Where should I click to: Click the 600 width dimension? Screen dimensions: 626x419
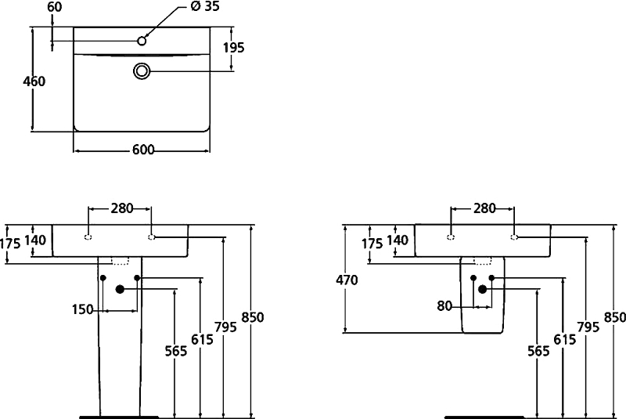(x=143, y=150)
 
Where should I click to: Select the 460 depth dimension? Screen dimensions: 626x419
(x=34, y=81)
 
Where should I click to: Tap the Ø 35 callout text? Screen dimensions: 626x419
(x=205, y=6)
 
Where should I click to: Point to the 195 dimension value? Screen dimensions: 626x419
(x=233, y=48)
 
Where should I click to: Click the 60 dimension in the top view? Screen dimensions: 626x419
(x=55, y=7)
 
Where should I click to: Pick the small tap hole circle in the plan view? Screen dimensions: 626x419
(x=142, y=41)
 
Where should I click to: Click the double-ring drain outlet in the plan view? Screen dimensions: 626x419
(x=142, y=71)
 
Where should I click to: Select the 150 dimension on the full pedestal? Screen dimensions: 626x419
(x=83, y=309)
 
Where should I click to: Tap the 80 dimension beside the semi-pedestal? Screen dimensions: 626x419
(x=444, y=306)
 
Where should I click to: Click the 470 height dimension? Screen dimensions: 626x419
(x=347, y=280)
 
